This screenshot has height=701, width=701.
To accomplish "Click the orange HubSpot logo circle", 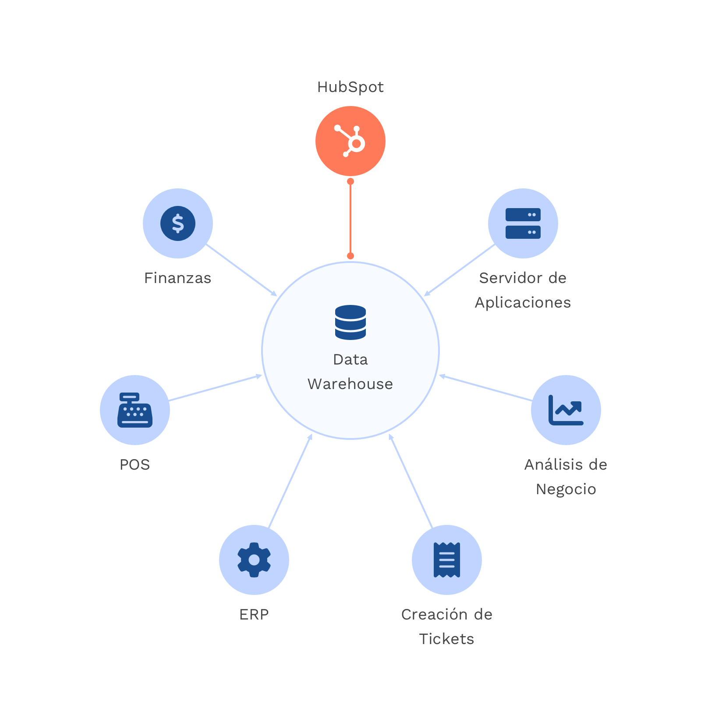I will coord(350,141).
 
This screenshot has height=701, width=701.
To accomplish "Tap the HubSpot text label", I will coord(350,87).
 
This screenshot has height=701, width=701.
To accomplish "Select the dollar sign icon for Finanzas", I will coord(178,223).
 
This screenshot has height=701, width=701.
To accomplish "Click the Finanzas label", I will coord(177,278).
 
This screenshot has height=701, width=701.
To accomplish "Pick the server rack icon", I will coord(523,223).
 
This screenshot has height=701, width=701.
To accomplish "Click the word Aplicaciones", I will coord(523,303).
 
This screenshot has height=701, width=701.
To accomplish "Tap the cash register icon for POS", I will coord(135,410).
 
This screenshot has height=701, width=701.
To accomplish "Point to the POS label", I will coord(135,464).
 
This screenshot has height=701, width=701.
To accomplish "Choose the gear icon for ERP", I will coord(254,560).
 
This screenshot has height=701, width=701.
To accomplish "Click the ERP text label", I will coord(254,615).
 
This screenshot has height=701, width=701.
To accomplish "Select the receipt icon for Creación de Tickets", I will coord(447,560).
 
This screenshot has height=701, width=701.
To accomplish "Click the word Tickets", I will coord(447,639).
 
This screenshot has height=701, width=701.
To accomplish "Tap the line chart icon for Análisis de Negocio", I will coord(566,410).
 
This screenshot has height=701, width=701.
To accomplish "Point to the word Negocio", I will coord(566,489).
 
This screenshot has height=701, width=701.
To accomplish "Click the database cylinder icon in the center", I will coord(350,322).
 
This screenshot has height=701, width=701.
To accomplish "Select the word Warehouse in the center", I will coord(350,384).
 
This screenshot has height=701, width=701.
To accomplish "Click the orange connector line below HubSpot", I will coord(350,219).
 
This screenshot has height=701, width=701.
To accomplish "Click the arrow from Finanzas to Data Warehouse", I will coord(241,270).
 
